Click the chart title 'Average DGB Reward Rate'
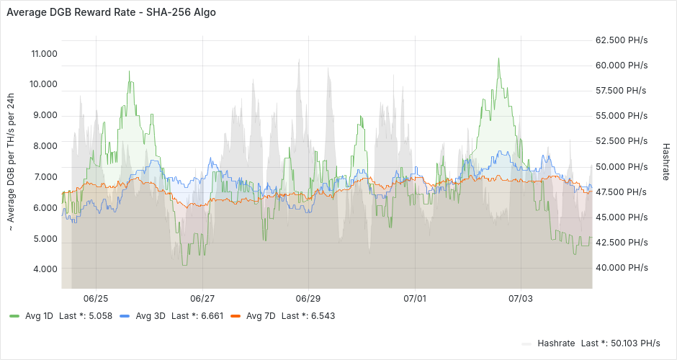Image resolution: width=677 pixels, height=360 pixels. coord(73,12)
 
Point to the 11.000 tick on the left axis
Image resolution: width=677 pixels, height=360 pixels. coord(44,54)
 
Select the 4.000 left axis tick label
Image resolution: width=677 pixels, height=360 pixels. coord(45,269)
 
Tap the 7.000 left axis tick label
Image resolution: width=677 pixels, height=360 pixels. coord(45,177)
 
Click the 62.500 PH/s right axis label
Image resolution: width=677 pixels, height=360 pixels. coord(622,40)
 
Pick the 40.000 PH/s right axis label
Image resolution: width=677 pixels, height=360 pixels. coord(622,268)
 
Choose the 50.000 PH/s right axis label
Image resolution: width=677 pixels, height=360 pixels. coord(622,166)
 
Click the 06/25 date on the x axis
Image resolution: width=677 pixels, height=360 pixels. coord(96,298)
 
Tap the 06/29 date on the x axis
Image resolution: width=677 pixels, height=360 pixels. coord(308,298)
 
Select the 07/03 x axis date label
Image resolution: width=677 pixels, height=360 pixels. coord(521,298)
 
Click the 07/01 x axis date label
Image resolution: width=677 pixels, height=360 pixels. coord(415,298)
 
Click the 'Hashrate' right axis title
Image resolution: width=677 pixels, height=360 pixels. coord(665,162)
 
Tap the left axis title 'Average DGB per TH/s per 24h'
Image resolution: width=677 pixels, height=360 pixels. coord(11,162)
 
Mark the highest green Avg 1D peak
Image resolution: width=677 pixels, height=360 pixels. coord(498,58)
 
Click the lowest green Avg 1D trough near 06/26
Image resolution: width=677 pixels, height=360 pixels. coord(184,265)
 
